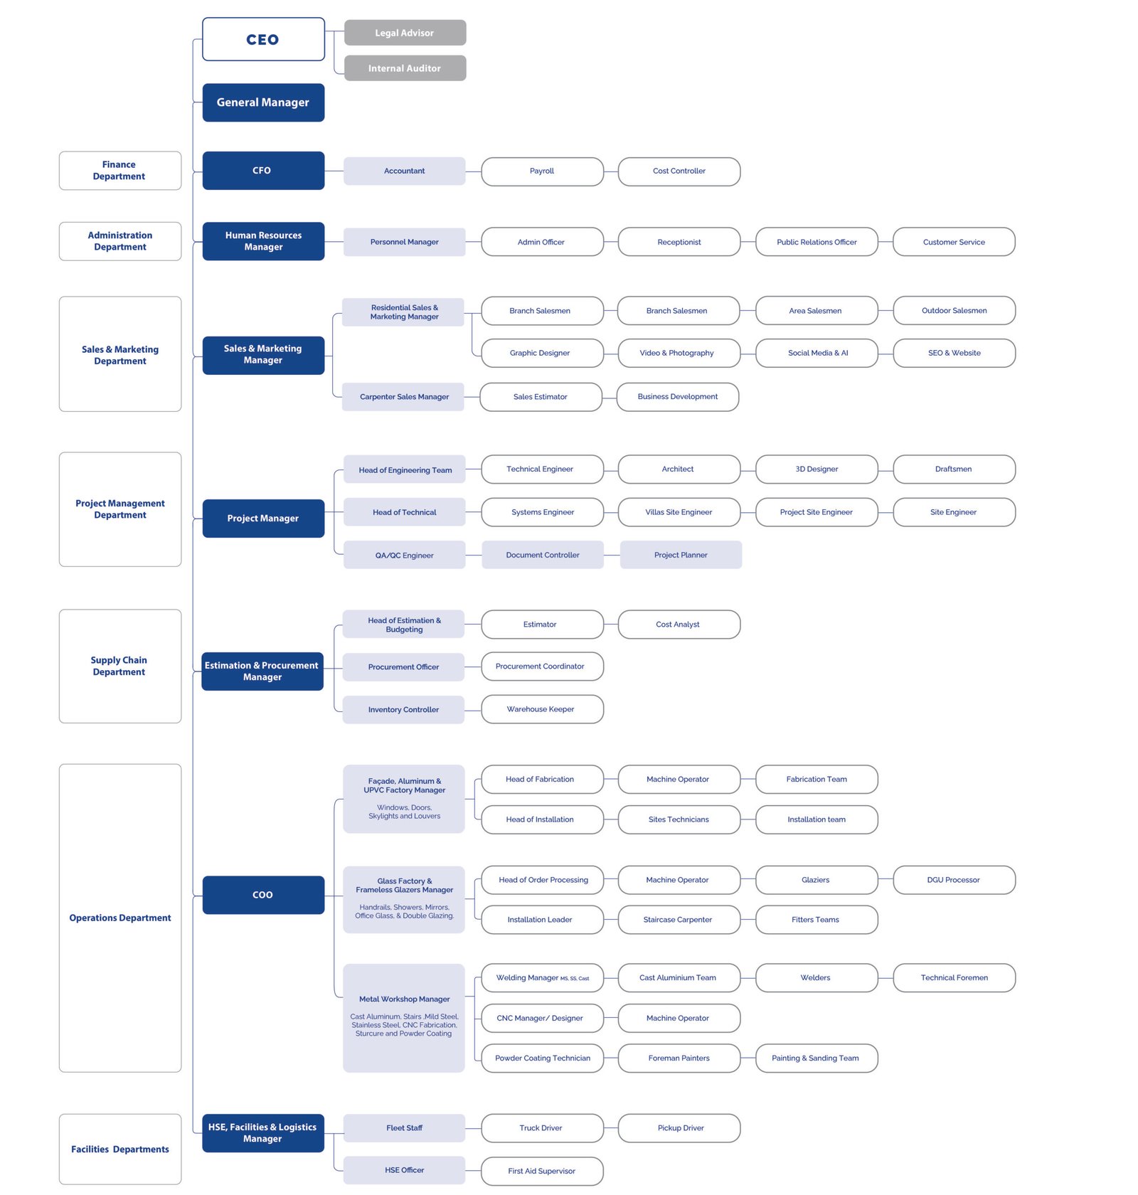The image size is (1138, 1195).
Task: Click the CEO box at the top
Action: pyautogui.click(x=263, y=39)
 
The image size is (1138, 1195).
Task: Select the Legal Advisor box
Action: pyautogui.click(x=405, y=33)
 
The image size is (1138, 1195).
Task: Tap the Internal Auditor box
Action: pyautogui.click(x=405, y=68)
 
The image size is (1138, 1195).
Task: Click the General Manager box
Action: pyautogui.click(x=263, y=102)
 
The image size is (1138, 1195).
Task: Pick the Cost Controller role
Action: pyautogui.click(x=679, y=171)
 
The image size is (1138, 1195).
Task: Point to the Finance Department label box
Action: pyautogui.click(x=120, y=171)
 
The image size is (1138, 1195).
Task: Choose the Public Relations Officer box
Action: pyautogui.click(x=817, y=242)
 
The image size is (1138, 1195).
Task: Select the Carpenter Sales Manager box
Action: pyautogui.click(x=403, y=397)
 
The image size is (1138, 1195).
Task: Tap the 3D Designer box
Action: pyautogui.click(x=817, y=469)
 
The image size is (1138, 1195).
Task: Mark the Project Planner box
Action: pyautogui.click(x=681, y=555)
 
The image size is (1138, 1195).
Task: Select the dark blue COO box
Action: pyautogui.click(x=263, y=895)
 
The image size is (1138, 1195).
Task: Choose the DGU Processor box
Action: pyautogui.click(x=954, y=880)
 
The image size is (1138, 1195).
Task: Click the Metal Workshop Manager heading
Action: pyautogui.click(x=404, y=999)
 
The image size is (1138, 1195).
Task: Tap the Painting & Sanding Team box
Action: pyautogui.click(x=817, y=1058)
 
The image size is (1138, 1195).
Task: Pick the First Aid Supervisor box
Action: pyautogui.click(x=542, y=1172)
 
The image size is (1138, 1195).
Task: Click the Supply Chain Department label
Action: pyautogui.click(x=120, y=666)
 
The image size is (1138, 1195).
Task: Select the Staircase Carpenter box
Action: pyautogui.click(x=679, y=920)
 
